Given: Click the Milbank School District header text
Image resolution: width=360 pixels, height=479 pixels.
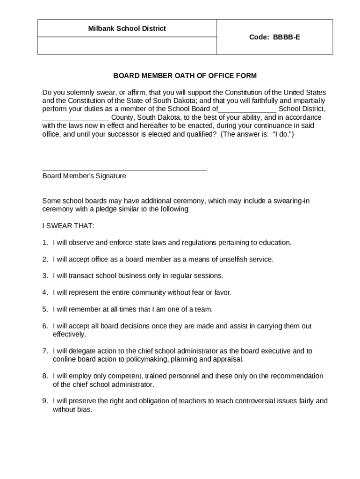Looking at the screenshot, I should coord(127,29).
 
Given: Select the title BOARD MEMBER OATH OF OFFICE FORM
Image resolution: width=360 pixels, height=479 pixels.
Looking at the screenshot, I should coord(185,75).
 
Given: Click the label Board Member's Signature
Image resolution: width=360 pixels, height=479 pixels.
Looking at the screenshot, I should coord(84,176).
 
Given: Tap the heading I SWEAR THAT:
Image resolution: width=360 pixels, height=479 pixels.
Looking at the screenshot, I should coord(68,226).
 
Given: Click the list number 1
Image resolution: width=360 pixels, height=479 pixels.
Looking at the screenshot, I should coord(45,242).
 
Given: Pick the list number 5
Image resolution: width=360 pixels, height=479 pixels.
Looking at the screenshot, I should coord(45,309).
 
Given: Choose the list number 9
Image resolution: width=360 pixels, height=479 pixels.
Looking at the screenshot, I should coord(45,401).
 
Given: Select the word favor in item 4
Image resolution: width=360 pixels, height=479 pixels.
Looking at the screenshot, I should coord(222,292).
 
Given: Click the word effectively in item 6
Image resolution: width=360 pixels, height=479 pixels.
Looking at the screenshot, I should coord(69,334).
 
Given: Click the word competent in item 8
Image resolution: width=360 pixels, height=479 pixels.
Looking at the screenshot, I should coord(127,376).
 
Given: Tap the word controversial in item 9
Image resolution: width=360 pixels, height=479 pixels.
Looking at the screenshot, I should coord(259,401).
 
